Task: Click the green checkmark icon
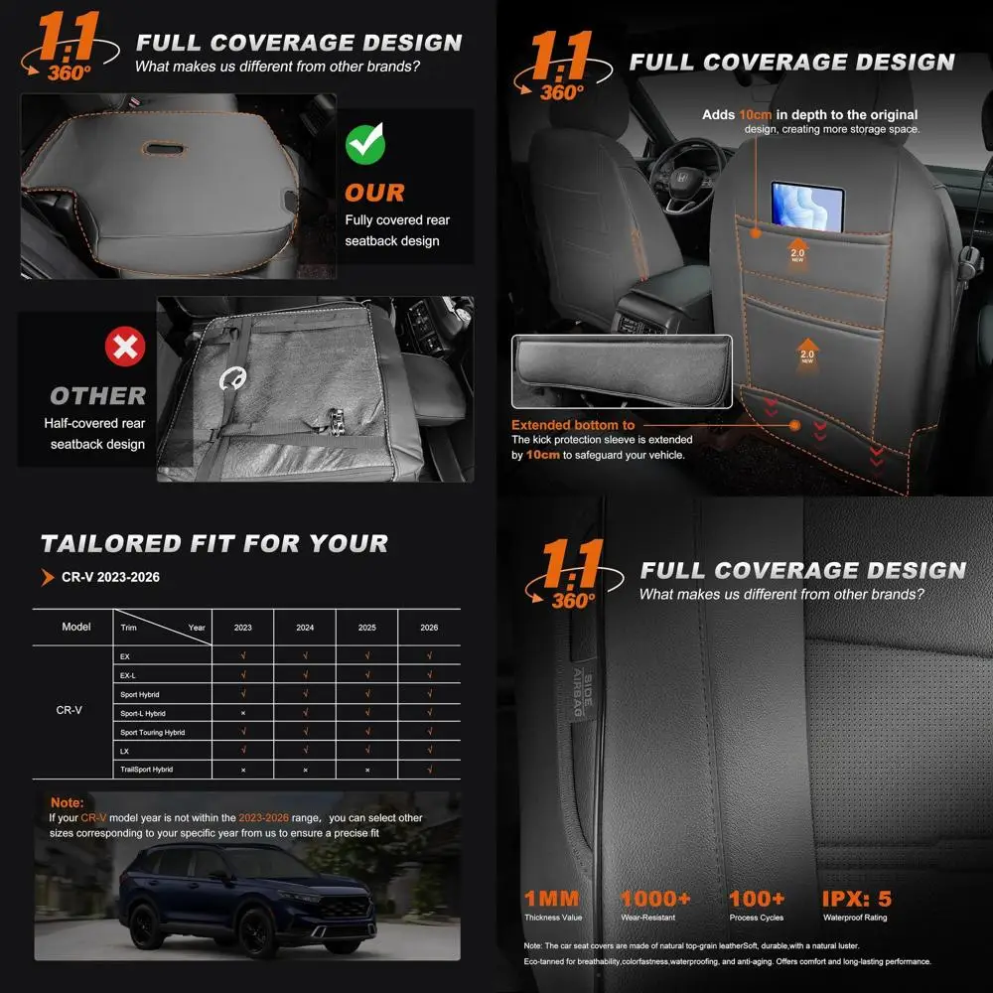pyautogui.click(x=365, y=145)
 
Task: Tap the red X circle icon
pyautogui.click(x=125, y=347)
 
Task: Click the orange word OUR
pyautogui.click(x=374, y=193)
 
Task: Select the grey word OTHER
pyautogui.click(x=97, y=395)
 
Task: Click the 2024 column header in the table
pyautogui.click(x=305, y=628)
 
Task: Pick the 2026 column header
pyautogui.click(x=429, y=628)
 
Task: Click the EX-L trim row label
pyautogui.click(x=128, y=675)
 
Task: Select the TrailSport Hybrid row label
pyautogui.click(x=147, y=770)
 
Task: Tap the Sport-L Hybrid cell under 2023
pyautogui.click(x=243, y=713)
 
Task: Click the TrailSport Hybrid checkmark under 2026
pyautogui.click(x=429, y=770)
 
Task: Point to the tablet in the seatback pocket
pyautogui.click(x=807, y=204)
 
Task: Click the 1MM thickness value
pyautogui.click(x=551, y=900)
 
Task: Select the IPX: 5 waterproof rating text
pyautogui.click(x=856, y=900)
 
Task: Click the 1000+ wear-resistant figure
pyautogui.click(x=654, y=900)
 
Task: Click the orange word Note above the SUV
pyautogui.click(x=67, y=802)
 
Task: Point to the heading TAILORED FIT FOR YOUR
pyautogui.click(x=214, y=543)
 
